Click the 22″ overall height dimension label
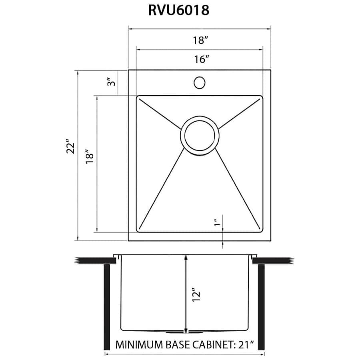[x=71, y=147]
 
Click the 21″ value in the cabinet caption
[x=246, y=344]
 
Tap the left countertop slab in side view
[x=94, y=261]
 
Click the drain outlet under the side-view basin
[x=185, y=332]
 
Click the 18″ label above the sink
[x=200, y=40]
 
